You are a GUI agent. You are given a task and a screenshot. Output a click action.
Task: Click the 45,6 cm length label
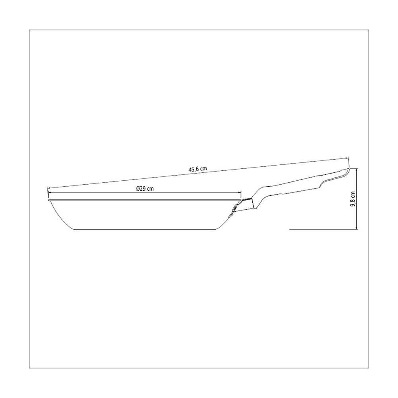pos(197,169)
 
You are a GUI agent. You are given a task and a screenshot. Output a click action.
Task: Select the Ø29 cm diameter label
pos(145,189)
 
